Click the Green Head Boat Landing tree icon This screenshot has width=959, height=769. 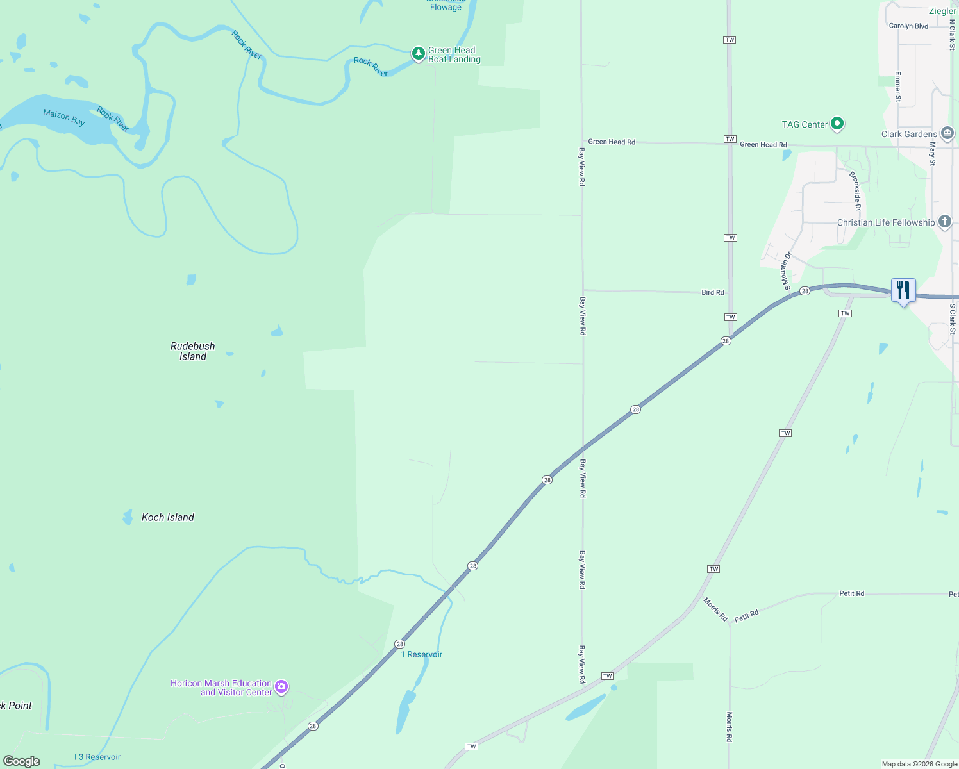[x=418, y=54]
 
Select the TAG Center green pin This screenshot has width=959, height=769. [x=837, y=124]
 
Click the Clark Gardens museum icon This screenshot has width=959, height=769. [x=947, y=134]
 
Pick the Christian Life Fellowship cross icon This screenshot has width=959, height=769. [x=944, y=222]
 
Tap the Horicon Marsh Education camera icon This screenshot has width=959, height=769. [x=281, y=688]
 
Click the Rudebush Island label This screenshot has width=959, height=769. [x=192, y=351]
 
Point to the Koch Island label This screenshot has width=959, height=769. [x=167, y=517]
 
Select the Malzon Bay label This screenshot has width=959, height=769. [x=63, y=117]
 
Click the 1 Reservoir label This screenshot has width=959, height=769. [x=421, y=654]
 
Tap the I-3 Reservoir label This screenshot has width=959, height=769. [x=97, y=757]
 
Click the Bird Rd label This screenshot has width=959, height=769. [x=712, y=292]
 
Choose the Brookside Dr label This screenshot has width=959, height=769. [x=855, y=191]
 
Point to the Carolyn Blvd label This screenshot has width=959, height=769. [x=908, y=26]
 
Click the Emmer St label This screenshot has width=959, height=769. [x=897, y=87]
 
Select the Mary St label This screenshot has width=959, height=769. [x=932, y=154]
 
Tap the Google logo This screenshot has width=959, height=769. [x=22, y=761]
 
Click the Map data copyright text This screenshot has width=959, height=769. [x=919, y=764]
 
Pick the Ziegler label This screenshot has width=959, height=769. [x=942, y=11]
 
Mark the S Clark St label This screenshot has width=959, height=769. [x=952, y=319]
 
